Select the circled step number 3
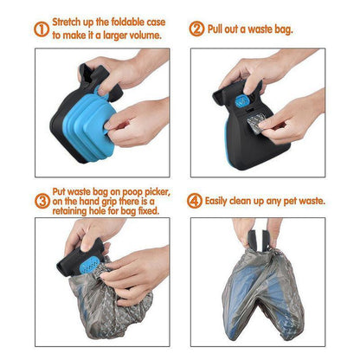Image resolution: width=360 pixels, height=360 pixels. (42, 201)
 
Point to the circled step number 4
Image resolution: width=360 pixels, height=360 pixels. (197, 200)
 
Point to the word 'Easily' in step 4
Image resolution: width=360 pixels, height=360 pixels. (224, 200)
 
